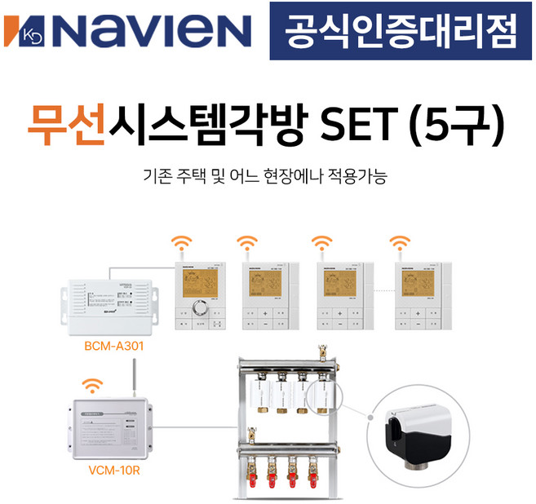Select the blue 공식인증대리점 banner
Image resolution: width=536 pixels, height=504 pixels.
[x=401, y=30]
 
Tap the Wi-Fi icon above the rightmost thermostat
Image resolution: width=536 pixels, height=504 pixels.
[x=401, y=242]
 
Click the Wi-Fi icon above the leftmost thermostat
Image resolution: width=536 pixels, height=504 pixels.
[x=181, y=242]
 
